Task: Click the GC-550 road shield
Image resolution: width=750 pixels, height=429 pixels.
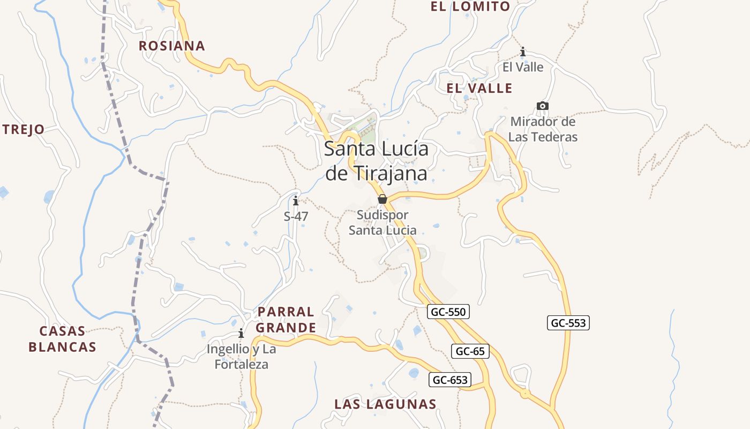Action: coord(448,312)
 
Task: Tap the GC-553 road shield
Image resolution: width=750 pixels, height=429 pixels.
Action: coord(568,323)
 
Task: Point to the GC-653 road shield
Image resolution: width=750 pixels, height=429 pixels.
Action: coord(450,380)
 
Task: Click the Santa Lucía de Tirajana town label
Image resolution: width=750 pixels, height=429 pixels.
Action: coord(377,161)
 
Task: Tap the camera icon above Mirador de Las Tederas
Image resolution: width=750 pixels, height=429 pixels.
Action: coord(543,106)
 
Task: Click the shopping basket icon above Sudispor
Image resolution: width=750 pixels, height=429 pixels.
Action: coord(382,199)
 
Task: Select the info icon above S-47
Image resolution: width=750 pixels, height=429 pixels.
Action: coord(296,201)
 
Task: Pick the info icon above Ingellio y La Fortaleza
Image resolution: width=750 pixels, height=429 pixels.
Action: coord(241,334)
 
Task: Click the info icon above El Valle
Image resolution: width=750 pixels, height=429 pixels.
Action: coord(523,52)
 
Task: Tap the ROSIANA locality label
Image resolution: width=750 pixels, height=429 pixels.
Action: coord(172,46)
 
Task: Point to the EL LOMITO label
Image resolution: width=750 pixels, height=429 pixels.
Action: coord(470,7)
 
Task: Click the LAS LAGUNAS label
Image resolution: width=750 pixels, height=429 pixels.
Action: coord(386,404)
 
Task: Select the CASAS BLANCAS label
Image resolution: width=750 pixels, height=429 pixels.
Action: coord(62,339)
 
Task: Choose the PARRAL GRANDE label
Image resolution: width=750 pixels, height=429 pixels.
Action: coord(286,320)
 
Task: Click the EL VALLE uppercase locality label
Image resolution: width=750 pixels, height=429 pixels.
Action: coord(479,88)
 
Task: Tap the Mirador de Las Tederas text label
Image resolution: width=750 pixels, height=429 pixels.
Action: coord(543,129)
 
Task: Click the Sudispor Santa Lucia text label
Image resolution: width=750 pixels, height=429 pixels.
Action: coord(382,223)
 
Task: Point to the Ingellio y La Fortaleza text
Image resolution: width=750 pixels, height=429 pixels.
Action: coord(242,357)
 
